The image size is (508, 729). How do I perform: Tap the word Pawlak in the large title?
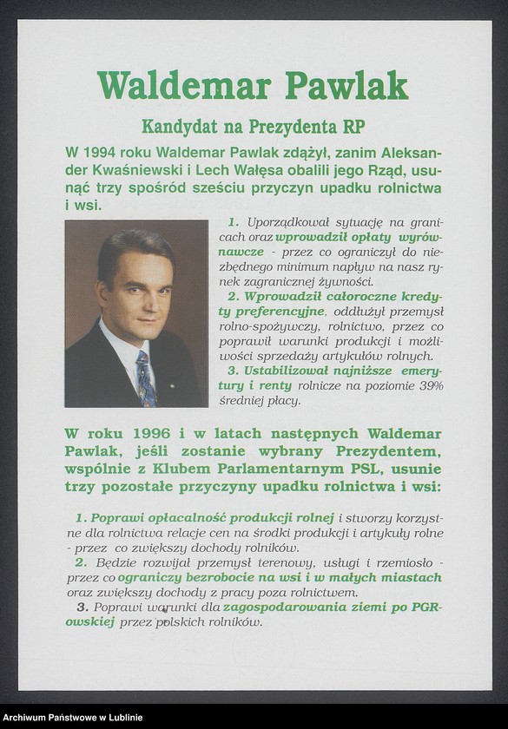point(346,85)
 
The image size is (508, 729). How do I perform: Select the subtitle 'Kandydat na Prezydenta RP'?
point(253,126)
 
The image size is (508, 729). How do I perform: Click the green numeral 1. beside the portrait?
point(233,222)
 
